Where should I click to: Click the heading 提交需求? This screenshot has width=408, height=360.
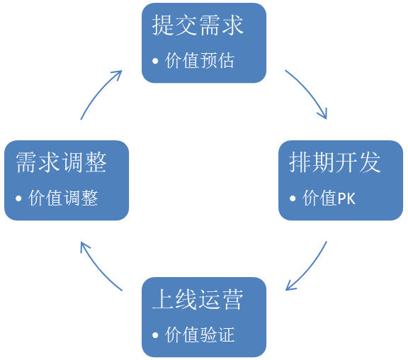198,26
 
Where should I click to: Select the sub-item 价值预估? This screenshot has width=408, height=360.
199,61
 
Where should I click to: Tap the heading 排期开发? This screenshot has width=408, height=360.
335,162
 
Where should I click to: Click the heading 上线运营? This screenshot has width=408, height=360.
198,299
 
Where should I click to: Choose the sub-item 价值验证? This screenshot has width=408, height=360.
199,334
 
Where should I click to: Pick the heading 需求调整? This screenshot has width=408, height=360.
61,162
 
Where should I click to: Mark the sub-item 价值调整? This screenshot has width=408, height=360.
63,198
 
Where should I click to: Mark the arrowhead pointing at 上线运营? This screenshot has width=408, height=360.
290,286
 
